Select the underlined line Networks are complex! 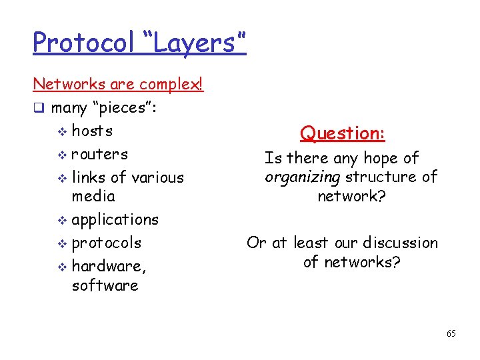(118, 85)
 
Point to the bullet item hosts (92, 131)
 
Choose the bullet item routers (99, 154)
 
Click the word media (93, 196)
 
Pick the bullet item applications (115, 219)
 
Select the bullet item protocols (106, 243)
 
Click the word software (105, 285)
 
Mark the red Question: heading (342, 133)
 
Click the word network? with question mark (351, 196)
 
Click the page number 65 (451, 333)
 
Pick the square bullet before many (39, 108)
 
